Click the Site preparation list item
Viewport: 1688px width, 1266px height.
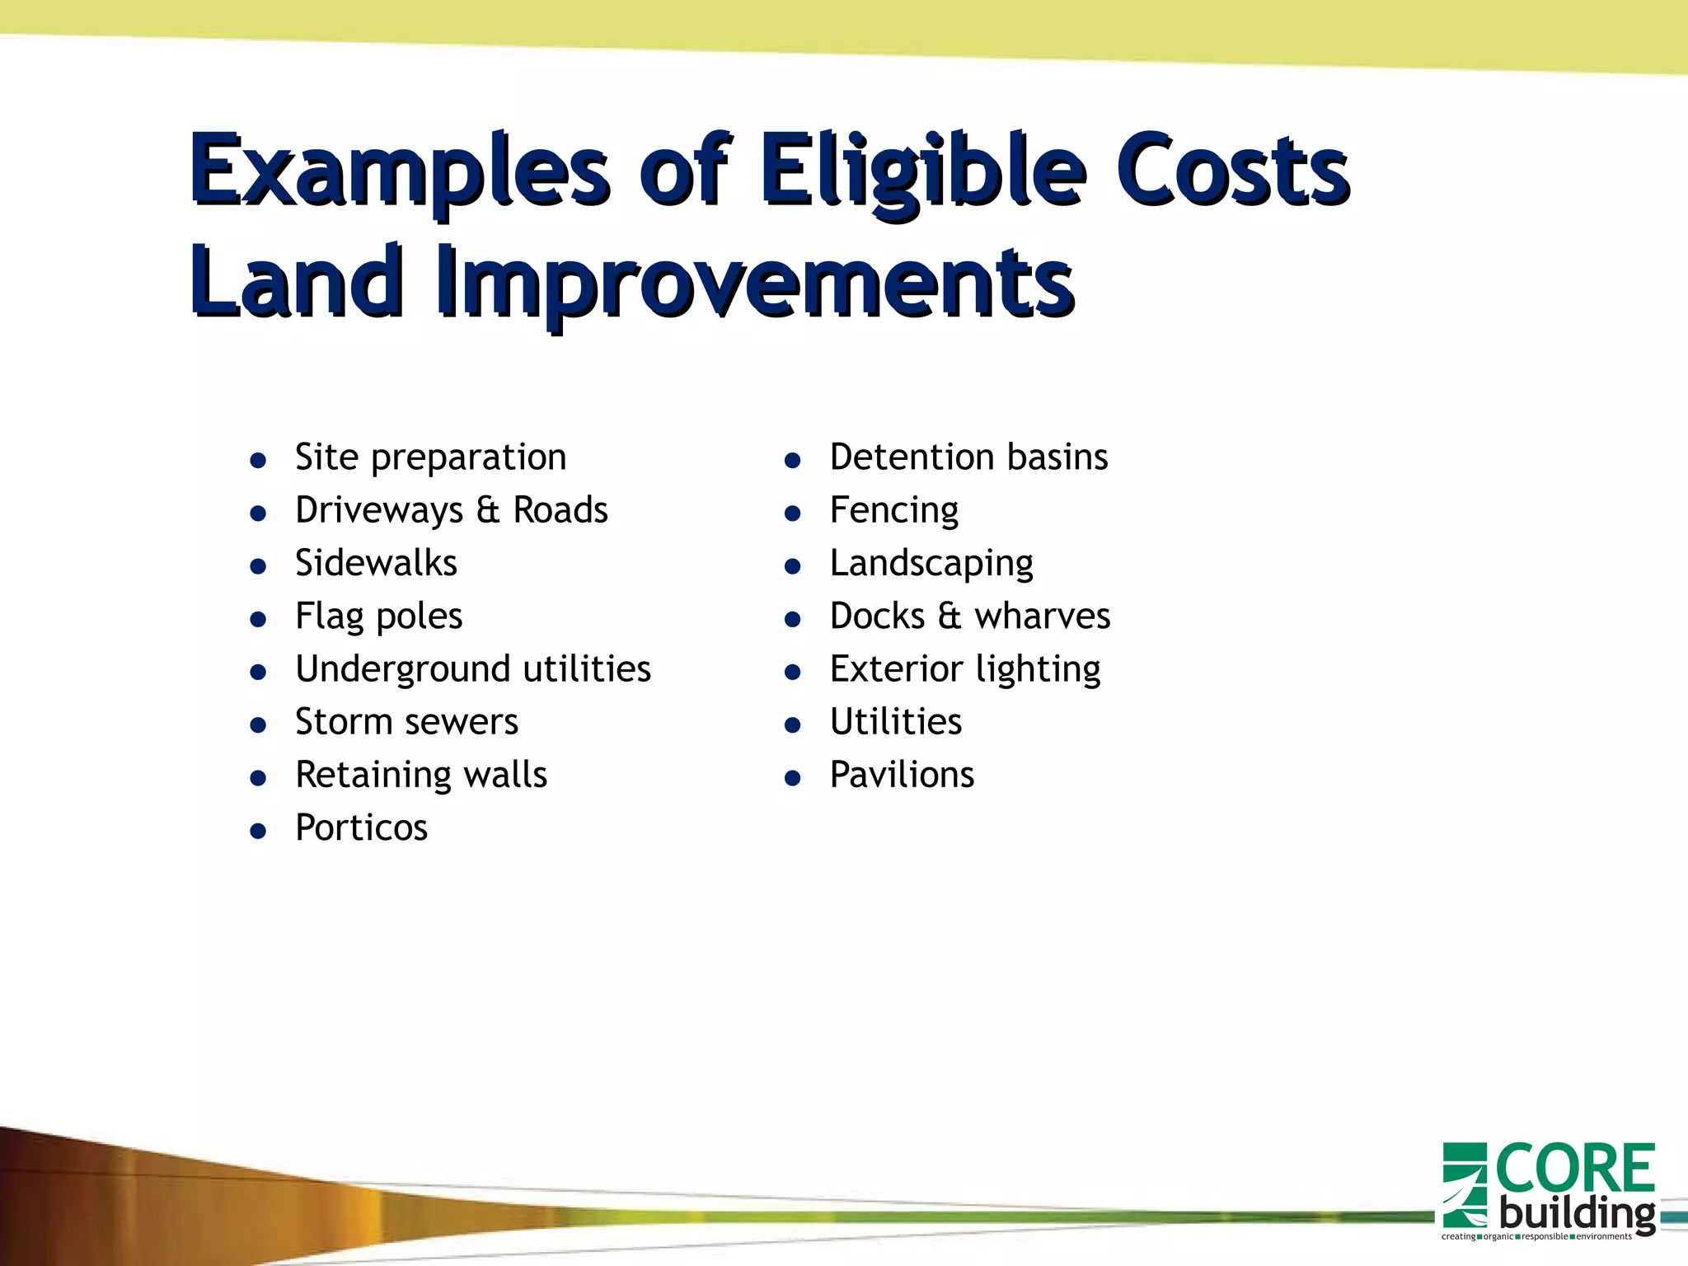tap(430, 457)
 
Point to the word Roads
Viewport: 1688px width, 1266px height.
tap(560, 510)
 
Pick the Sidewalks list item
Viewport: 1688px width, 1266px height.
tap(376, 563)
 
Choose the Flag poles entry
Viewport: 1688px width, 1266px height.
tap(378, 617)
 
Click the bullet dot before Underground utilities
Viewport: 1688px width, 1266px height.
tap(258, 673)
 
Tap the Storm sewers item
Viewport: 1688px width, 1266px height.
tap(406, 722)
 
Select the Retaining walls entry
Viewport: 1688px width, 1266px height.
tap(420, 775)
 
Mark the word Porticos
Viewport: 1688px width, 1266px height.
tap(361, 828)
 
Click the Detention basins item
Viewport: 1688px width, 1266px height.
tap(968, 457)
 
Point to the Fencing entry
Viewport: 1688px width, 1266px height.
tap(893, 510)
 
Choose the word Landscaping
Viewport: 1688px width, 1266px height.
tap(931, 564)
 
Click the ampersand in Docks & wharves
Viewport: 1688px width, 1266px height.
tap(949, 617)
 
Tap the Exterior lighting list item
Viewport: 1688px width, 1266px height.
tap(964, 669)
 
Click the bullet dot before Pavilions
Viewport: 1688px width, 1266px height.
tap(793, 778)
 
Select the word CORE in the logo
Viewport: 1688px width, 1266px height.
tap(1574, 1169)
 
